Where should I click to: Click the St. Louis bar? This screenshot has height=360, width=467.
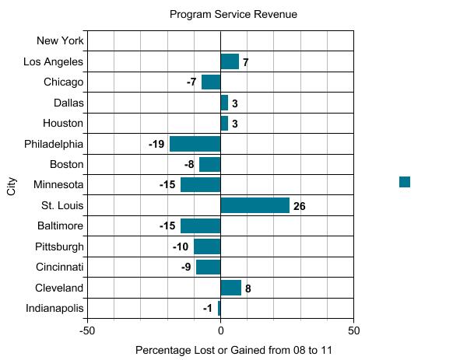[x=255, y=205]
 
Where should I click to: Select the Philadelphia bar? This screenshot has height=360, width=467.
[x=195, y=144]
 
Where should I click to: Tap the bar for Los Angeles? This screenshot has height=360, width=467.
[x=230, y=61]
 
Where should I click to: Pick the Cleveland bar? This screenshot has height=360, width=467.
[x=230, y=288]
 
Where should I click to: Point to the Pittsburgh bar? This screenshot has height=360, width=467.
[x=207, y=246]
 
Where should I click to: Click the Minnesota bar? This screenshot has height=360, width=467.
[x=200, y=185]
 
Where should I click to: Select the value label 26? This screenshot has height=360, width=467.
[x=300, y=206]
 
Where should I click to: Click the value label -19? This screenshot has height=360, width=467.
[x=156, y=144]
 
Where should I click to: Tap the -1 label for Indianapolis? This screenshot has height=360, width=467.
[x=208, y=309]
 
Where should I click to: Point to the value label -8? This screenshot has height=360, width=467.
[x=189, y=165]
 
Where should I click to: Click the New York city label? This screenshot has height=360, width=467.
[x=60, y=41]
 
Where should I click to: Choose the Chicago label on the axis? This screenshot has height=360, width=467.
[x=64, y=82]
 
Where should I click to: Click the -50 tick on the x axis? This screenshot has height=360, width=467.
[x=87, y=330]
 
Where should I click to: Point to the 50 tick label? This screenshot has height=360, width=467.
[x=353, y=330]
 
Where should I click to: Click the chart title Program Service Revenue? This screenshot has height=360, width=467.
[x=233, y=14]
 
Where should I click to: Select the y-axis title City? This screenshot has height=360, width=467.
[x=12, y=185]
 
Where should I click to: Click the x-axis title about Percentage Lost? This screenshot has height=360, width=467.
[x=233, y=350]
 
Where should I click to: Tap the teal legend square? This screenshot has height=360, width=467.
[x=405, y=182]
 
